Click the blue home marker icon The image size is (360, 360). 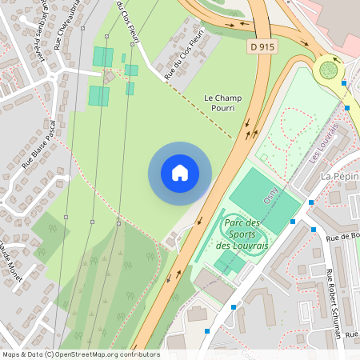[x=180, y=173]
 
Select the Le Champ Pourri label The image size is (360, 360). [x=223, y=102]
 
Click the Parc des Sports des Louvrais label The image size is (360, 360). [x=245, y=234]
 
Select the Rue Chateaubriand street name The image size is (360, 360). [x=69, y=24]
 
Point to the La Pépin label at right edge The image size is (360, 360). [x=339, y=176]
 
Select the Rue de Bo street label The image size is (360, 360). [x=342, y=236]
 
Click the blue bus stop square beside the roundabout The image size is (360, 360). [x=344, y=83]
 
